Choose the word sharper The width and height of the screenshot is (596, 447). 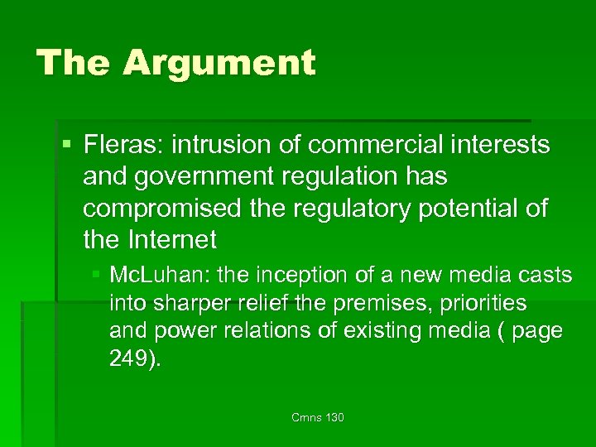(x=185, y=303)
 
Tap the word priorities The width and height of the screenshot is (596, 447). (x=480, y=303)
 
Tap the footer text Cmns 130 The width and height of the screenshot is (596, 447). (x=318, y=417)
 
